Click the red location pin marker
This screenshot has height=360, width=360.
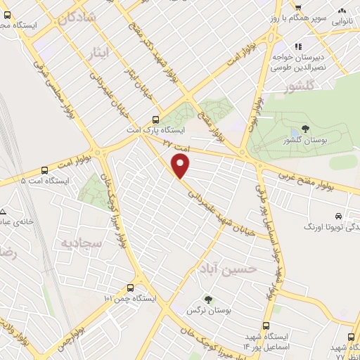coord(181,166)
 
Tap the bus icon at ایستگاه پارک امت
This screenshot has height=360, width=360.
coord(156,120)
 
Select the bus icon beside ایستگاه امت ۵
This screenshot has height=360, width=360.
coord(45,170)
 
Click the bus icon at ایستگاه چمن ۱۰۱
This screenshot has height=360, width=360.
coord(130,288)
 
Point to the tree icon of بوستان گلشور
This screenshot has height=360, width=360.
coord(306,128)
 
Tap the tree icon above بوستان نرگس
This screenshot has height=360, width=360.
coord(207,299)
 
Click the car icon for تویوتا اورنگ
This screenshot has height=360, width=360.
coord(340,216)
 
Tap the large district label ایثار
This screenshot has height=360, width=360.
coord(103,53)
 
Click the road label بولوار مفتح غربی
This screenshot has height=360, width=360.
coord(320,181)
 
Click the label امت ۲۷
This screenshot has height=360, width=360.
coord(176,143)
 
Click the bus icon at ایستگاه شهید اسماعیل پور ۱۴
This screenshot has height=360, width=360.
coord(266,326)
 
